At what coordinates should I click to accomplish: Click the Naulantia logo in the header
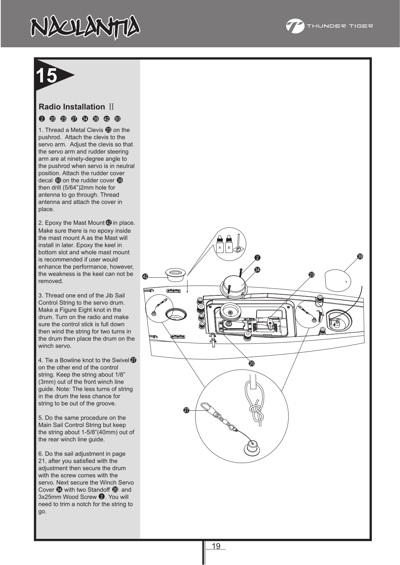point(84,28)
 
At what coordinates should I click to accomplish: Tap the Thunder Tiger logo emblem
point(295,26)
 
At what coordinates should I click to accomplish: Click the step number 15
point(47,75)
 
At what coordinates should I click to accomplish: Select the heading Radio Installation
point(72,107)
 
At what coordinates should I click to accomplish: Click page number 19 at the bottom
point(216,546)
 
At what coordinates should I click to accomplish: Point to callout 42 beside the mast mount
point(145,277)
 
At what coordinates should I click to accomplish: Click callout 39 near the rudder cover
point(360,257)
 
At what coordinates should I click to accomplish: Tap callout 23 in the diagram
point(311,274)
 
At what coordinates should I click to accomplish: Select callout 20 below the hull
point(252,363)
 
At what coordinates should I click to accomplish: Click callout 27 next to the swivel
point(186,410)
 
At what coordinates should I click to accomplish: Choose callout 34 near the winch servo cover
point(257,270)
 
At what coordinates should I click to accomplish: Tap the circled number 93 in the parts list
point(117,119)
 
